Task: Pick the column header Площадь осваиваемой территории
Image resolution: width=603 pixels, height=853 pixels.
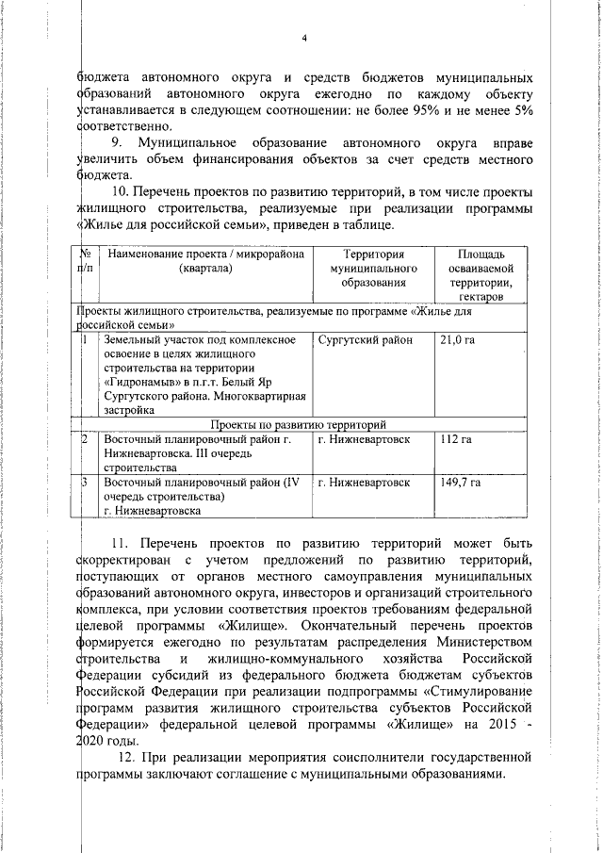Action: pos(481,275)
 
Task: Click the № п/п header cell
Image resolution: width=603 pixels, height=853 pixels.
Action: pos(85,261)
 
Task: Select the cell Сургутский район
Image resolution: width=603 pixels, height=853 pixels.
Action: pos(364,339)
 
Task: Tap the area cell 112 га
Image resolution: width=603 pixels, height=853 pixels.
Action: pos(455,440)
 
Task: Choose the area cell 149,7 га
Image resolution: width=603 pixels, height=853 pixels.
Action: pos(460,483)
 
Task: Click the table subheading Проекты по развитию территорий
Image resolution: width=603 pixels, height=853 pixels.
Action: pos(298,425)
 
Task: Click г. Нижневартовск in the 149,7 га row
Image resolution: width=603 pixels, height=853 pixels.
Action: pos(365,483)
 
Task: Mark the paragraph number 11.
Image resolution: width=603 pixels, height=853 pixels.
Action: pos(121,544)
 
